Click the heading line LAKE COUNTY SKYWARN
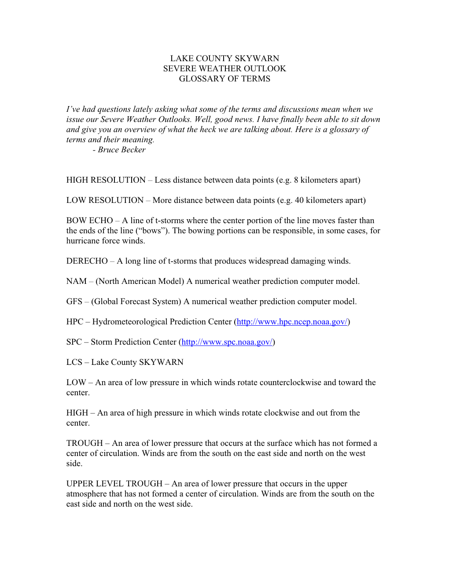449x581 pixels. [224, 59]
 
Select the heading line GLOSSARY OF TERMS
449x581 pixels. [224, 79]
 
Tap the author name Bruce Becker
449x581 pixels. [121, 150]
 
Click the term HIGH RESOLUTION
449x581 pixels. [106, 180]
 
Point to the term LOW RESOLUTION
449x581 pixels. [105, 200]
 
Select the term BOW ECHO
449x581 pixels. [89, 221]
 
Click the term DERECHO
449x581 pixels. [87, 261]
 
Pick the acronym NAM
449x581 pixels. [76, 281]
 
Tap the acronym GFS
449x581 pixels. [74, 302]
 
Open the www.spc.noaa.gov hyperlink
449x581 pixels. [227, 342]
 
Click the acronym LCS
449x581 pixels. [74, 362]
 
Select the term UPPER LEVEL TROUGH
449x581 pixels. [114, 484]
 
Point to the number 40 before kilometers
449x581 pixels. [299, 200]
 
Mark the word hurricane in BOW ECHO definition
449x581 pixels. [83, 241]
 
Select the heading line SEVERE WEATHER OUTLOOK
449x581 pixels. [224, 69]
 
